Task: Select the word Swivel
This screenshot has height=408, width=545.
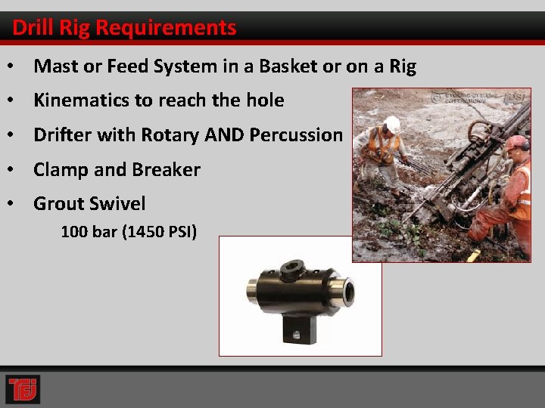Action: [117, 204]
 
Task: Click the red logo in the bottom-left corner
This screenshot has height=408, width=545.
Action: [23, 389]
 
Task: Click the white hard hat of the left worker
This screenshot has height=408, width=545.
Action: [391, 124]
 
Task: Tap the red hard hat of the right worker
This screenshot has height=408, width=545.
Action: [517, 143]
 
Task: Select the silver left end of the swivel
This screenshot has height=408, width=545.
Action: [252, 291]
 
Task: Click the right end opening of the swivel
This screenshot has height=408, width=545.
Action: [347, 291]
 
